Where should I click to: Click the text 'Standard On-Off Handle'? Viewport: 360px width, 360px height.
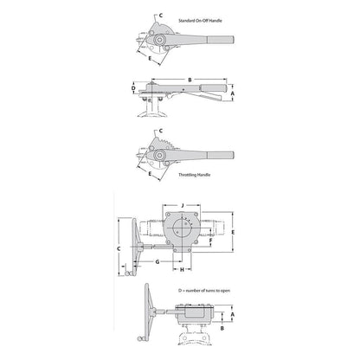click(x=200, y=21)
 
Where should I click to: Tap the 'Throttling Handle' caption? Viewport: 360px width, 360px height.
click(x=194, y=175)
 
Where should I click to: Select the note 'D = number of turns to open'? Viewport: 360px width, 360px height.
click(x=204, y=291)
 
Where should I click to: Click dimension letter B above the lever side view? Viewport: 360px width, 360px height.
click(x=190, y=80)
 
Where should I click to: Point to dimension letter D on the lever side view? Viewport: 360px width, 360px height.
click(x=133, y=88)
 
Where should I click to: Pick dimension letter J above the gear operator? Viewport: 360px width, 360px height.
click(x=182, y=205)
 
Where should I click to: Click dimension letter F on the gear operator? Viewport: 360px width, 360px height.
click(x=211, y=240)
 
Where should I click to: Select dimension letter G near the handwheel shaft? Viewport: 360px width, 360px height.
click(x=157, y=262)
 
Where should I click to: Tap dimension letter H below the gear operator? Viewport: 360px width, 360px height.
click(x=182, y=270)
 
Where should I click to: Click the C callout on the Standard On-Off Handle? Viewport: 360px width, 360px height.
click(x=161, y=16)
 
